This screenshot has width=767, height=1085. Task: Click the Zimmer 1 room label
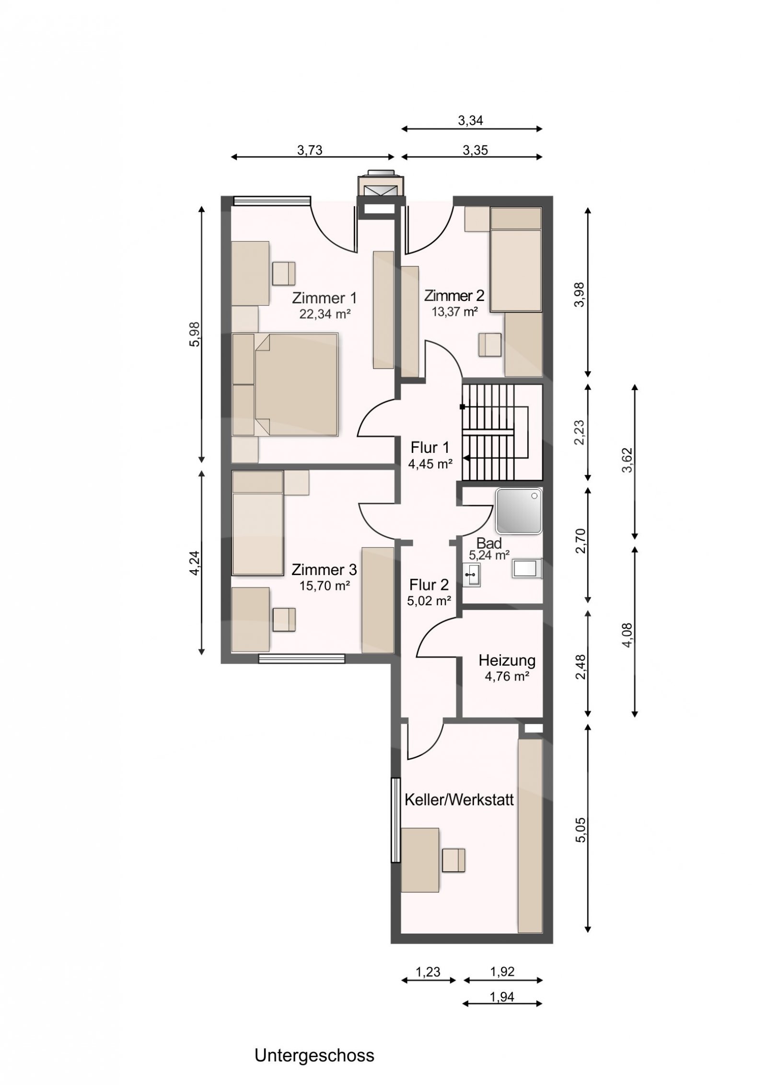pyautogui.click(x=324, y=298)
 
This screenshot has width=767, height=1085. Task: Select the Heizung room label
pyautogui.click(x=507, y=660)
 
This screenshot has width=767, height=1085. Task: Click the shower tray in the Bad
pyautogui.click(x=519, y=511)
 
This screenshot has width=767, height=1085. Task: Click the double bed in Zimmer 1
pyautogui.click(x=285, y=384)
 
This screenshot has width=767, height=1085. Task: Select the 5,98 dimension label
pyautogui.click(x=195, y=334)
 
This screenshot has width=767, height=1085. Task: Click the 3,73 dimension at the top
pyautogui.click(x=310, y=150)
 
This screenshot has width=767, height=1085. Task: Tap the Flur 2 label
pyautogui.click(x=429, y=585)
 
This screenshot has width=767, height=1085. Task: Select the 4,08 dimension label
pyautogui.click(x=628, y=635)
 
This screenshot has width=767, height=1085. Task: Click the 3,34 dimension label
pyautogui.click(x=470, y=121)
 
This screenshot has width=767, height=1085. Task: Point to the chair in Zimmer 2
pyautogui.click(x=489, y=345)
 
